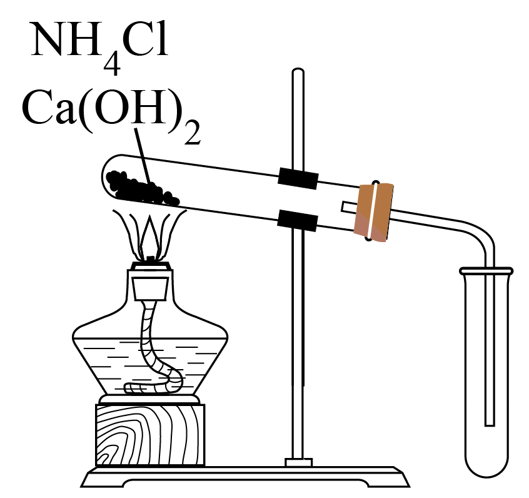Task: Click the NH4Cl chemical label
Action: pyautogui.click(x=99, y=48)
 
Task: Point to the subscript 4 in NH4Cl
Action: pyautogui.click(x=112, y=64)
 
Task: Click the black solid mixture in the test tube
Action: pyautogui.click(x=142, y=188)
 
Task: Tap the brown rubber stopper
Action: pyautogui.click(x=373, y=212)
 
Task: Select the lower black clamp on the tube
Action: pyautogui.click(x=297, y=220)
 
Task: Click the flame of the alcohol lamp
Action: pyautogui.click(x=149, y=233)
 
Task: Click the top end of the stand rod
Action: pyautogui.click(x=298, y=70)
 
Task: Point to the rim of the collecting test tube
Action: pyautogui.click(x=486, y=271)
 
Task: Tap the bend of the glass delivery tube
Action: pyautogui.click(x=481, y=233)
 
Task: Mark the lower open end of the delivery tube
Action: pyautogui.click(x=490, y=425)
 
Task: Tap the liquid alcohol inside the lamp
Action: pyautogui.click(x=151, y=365)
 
